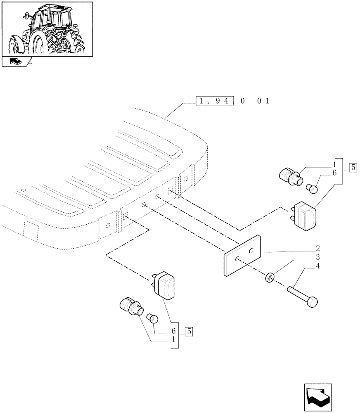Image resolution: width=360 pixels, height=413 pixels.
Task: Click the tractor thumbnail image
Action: click(47, 29)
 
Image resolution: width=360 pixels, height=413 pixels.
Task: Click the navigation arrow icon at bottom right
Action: click(317, 398)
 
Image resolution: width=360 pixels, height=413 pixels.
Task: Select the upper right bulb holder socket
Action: click(291, 176)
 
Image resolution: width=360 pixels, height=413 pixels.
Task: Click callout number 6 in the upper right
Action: click(334, 173)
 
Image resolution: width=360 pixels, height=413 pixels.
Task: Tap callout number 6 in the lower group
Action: click(173, 331)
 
